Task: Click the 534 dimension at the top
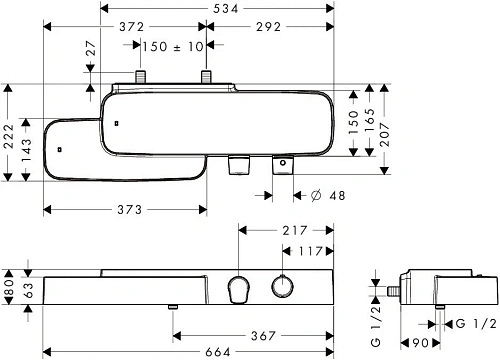[226, 8]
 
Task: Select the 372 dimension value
[132, 27]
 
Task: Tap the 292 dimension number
[268, 27]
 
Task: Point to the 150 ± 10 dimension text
[173, 46]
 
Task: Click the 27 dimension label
[91, 48]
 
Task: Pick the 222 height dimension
[9, 136]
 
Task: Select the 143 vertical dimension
[26, 150]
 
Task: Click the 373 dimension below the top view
[130, 210]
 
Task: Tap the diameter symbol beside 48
[316, 195]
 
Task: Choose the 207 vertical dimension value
[385, 134]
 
